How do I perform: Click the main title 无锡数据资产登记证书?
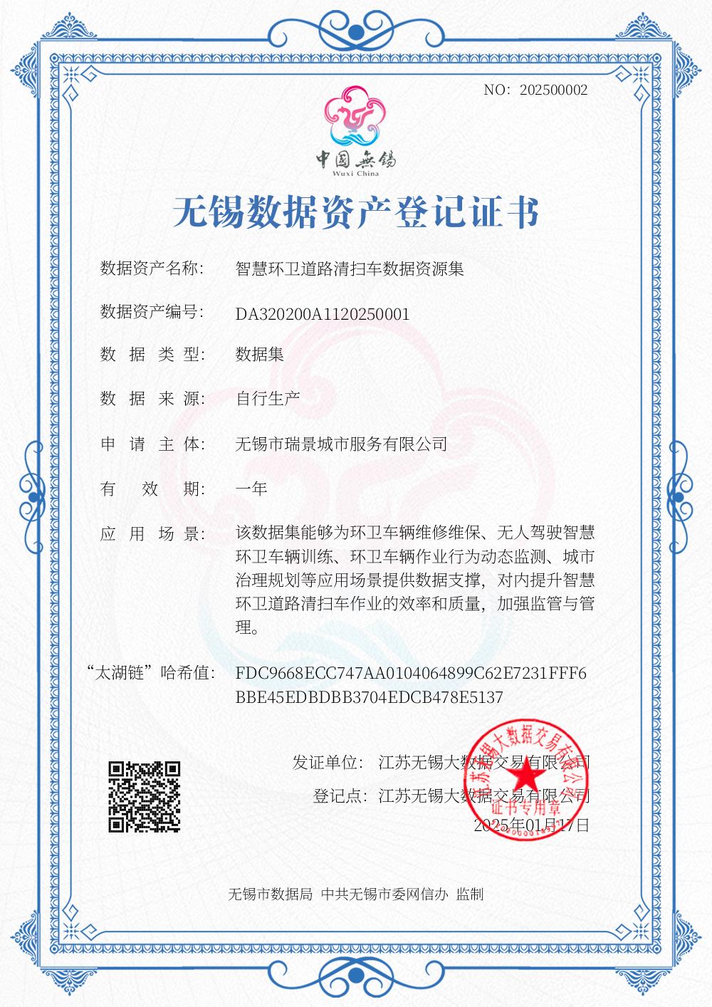click(x=356, y=212)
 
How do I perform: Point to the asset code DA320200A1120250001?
click(x=323, y=314)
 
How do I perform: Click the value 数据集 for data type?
click(x=259, y=354)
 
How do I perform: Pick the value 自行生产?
click(x=267, y=398)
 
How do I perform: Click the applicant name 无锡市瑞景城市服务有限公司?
click(x=341, y=444)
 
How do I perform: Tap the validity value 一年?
click(x=251, y=489)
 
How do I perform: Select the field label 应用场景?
click(x=152, y=534)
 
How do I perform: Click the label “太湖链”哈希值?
click(x=150, y=672)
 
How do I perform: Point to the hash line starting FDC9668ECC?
click(x=411, y=673)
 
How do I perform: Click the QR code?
click(x=144, y=797)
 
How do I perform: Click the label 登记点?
click(x=340, y=795)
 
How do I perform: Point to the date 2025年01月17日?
click(x=531, y=825)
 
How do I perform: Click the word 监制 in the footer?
click(x=471, y=894)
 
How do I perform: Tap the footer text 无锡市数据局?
click(x=270, y=894)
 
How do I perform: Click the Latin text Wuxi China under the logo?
click(x=356, y=173)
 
